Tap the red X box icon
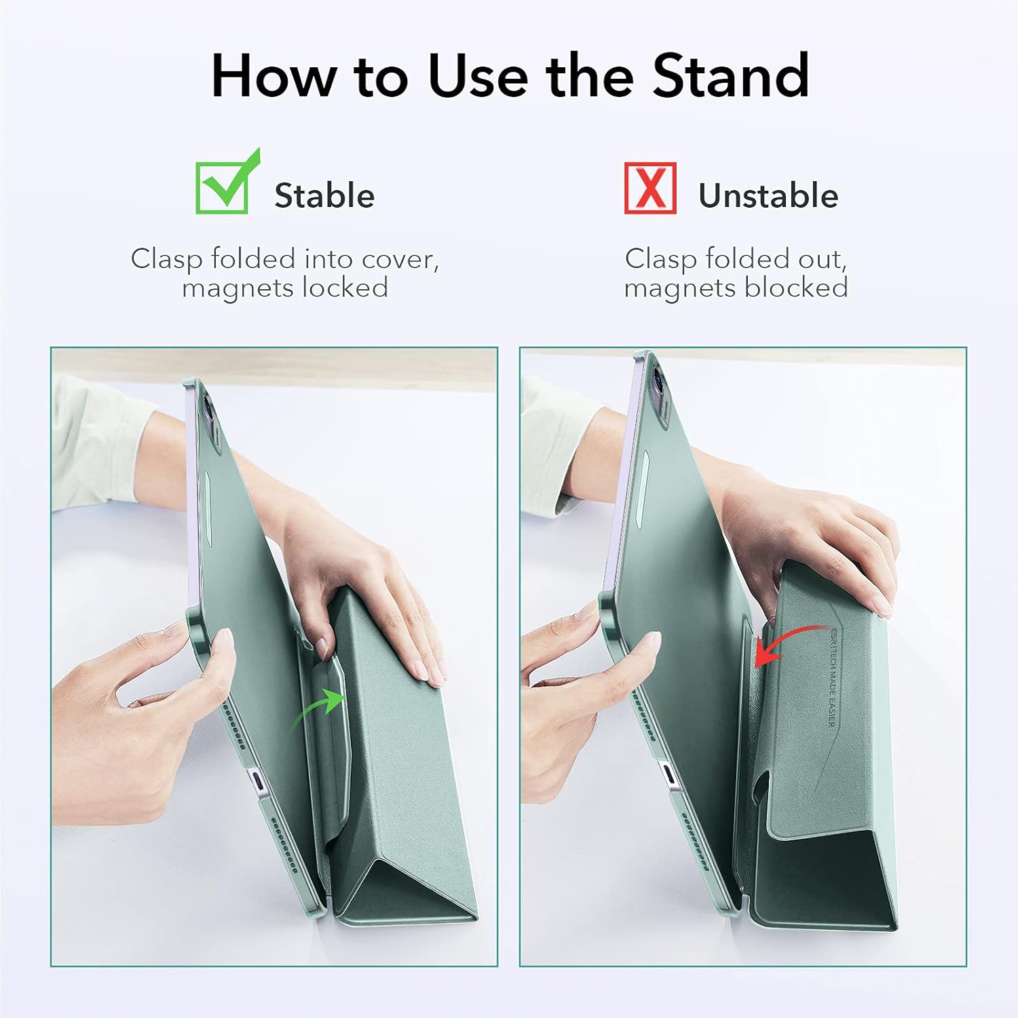point(649,189)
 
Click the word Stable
point(324,196)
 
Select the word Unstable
point(768,196)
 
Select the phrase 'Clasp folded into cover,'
point(285,259)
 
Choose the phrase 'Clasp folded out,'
point(736,259)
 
